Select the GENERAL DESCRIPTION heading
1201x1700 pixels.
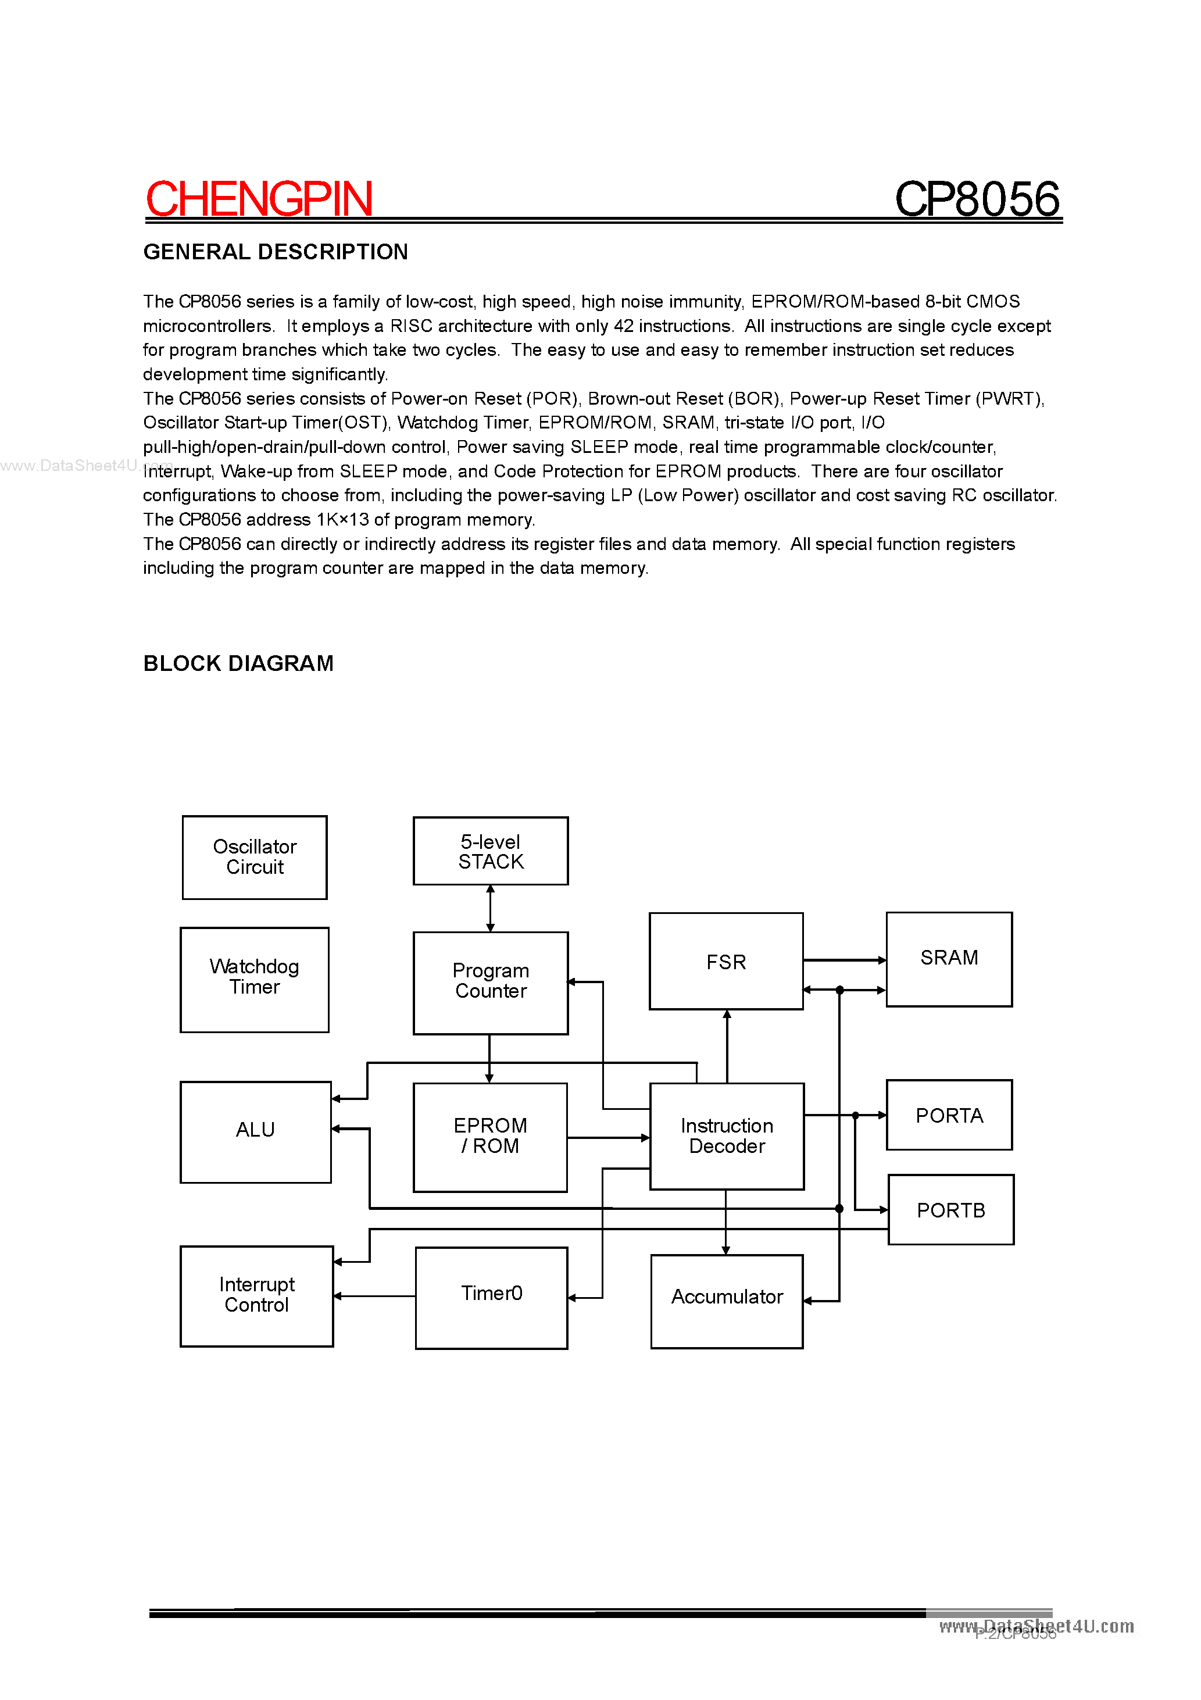(x=276, y=252)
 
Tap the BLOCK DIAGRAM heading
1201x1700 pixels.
(x=238, y=663)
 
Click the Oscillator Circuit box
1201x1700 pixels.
(x=255, y=858)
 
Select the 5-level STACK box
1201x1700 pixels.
(x=490, y=852)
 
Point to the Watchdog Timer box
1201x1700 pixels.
(x=254, y=979)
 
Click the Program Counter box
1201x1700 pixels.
(x=490, y=983)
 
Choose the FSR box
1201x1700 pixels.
(x=725, y=961)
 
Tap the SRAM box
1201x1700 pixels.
(x=949, y=959)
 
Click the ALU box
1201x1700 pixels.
(x=255, y=1131)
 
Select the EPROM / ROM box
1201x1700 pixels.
(x=490, y=1137)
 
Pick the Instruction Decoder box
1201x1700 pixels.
(x=727, y=1136)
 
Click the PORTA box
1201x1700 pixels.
(x=949, y=1115)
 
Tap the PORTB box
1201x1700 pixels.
(x=950, y=1209)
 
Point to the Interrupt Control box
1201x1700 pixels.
(x=256, y=1296)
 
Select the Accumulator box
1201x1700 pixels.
(x=727, y=1301)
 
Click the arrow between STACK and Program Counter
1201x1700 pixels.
(x=490, y=909)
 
